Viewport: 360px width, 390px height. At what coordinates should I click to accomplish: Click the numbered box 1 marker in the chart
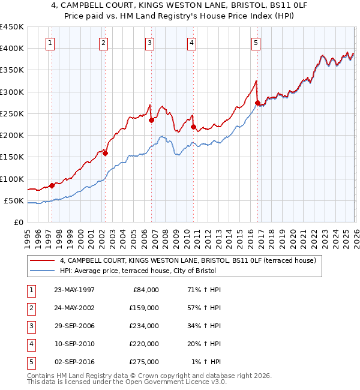tap(50, 43)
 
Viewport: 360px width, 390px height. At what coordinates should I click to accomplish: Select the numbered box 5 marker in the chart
tap(256, 43)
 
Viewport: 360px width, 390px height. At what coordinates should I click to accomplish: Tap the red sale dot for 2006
tap(151, 120)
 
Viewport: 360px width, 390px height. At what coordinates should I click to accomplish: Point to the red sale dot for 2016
tap(257, 103)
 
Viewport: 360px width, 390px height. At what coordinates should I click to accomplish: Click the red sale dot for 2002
tap(105, 153)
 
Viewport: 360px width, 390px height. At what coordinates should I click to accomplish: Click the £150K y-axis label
tap(12, 157)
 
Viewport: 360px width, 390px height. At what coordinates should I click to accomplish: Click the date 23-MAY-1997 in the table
tap(74, 290)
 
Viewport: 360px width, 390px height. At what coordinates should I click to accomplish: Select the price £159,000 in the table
tap(144, 308)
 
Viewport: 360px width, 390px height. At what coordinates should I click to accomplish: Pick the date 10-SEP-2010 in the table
tap(74, 344)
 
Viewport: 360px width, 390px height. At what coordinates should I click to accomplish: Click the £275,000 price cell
tap(144, 362)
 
